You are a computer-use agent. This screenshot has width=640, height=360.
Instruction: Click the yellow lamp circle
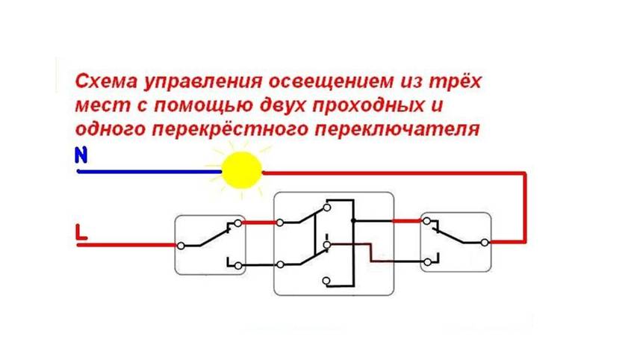click(241, 170)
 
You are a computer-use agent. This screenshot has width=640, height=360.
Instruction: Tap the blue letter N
click(81, 155)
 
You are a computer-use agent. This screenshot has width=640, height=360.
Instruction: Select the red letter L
click(81, 232)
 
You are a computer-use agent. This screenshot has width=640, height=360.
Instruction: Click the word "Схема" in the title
click(106, 81)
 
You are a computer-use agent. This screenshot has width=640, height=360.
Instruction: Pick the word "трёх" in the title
click(455, 81)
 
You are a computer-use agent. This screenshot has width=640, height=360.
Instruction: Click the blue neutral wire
click(149, 172)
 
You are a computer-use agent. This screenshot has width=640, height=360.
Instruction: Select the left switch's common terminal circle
click(181, 246)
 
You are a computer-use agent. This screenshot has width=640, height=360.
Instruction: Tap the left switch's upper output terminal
click(238, 223)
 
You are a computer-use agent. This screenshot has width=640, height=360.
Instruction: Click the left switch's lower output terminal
click(238, 266)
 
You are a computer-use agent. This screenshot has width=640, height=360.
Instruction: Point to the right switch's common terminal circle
click(485, 243)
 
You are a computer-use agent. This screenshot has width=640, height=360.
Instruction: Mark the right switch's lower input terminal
click(427, 262)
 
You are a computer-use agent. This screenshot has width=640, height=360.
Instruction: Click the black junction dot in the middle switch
click(353, 221)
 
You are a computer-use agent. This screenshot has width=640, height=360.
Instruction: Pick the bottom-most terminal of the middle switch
click(326, 281)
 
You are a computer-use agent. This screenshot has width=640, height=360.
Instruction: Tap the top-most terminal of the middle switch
click(326, 208)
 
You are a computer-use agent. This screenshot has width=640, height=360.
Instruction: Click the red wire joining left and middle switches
click(259, 223)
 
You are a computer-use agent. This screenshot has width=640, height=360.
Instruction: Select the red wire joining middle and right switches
click(407, 221)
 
